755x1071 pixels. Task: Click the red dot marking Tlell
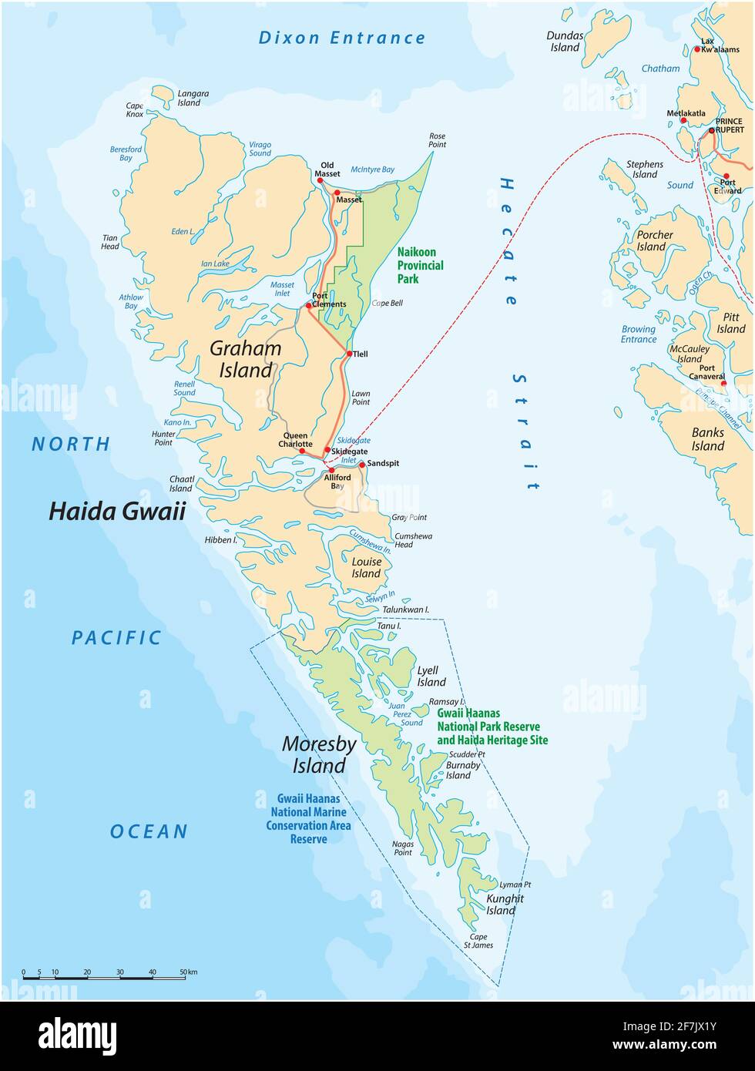point(349,354)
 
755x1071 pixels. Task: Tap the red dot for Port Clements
point(309,305)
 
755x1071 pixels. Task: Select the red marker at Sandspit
point(362,465)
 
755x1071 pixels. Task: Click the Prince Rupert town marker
point(711,131)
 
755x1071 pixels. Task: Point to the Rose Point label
point(437,139)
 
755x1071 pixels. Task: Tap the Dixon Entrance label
point(341,38)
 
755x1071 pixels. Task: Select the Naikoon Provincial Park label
point(420,264)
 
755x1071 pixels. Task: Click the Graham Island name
point(246,359)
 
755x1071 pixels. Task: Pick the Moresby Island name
point(319,754)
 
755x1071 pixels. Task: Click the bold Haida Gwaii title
point(117,511)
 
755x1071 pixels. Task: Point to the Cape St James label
point(478,941)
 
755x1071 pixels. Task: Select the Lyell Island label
point(431,677)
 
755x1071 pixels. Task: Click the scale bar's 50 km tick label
point(188,972)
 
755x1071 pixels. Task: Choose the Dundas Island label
point(564,42)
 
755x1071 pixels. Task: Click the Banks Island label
point(707,439)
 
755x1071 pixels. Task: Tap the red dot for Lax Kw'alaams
point(697,49)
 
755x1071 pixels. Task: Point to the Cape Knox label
point(134,110)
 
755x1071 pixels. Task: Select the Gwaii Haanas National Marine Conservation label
point(308,818)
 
